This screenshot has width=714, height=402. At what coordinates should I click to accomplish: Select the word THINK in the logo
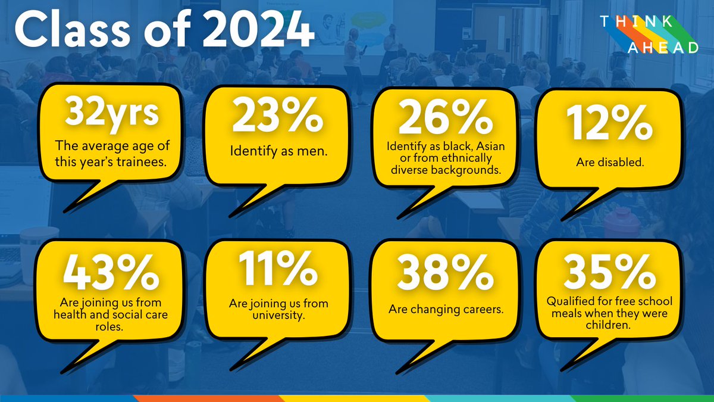[637, 22]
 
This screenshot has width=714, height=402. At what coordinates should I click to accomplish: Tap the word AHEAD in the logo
[664, 48]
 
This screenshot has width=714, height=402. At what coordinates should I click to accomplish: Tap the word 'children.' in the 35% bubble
[604, 326]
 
